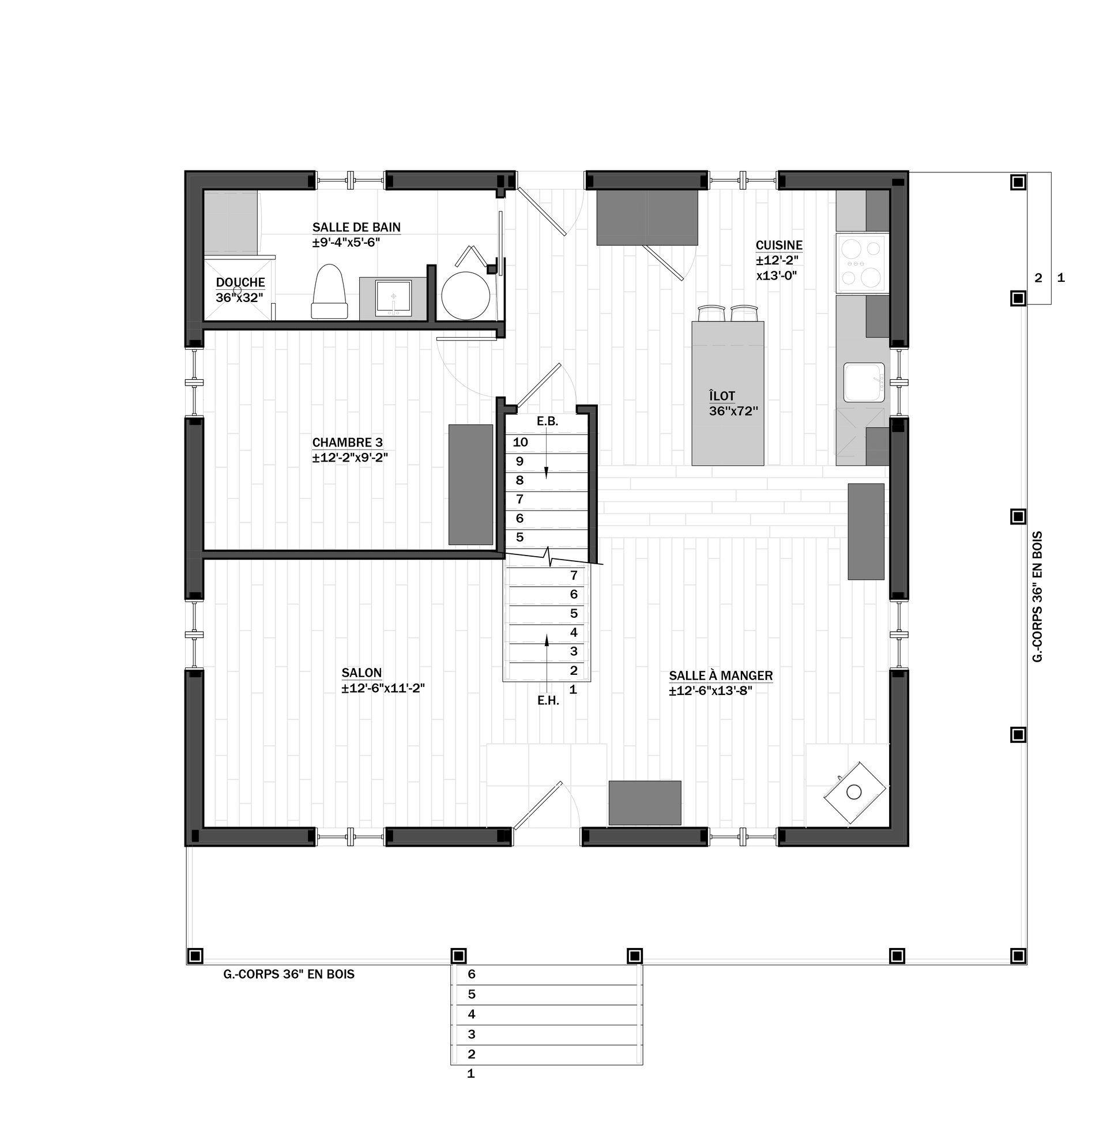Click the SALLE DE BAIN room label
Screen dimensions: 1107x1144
point(356,227)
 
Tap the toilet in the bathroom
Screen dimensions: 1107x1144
point(329,292)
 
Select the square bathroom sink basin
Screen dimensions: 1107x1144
point(393,298)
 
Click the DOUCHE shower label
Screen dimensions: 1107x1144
point(240,282)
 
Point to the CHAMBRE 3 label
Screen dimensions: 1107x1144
point(347,443)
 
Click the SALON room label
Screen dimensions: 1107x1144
point(362,673)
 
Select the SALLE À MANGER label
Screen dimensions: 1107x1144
point(721,675)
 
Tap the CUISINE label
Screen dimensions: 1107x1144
point(779,245)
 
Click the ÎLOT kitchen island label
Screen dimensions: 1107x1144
point(722,397)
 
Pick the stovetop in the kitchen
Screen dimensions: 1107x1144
point(862,263)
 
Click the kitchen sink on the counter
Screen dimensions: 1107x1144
point(864,382)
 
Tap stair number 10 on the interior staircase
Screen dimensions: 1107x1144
point(520,443)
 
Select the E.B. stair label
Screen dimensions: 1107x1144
point(548,421)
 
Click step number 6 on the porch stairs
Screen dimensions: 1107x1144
point(472,974)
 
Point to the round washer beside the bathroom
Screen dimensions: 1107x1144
point(465,295)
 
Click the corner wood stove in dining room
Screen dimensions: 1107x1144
point(854,792)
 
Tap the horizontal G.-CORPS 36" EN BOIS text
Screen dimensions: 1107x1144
point(288,974)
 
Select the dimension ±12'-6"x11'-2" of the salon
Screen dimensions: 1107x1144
point(383,688)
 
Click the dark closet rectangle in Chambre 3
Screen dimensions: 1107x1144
point(470,485)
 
